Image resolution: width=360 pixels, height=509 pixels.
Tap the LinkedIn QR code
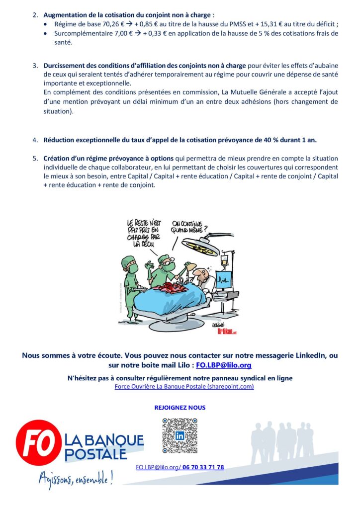(x=180, y=435)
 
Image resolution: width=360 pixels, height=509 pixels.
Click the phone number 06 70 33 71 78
(x=203, y=467)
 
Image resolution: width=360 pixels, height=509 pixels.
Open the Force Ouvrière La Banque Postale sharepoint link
(x=184, y=387)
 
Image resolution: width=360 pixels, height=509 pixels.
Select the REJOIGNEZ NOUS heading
(x=180, y=408)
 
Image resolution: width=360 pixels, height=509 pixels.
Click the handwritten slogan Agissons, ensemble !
(x=76, y=478)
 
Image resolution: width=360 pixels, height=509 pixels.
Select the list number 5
(x=35, y=158)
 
